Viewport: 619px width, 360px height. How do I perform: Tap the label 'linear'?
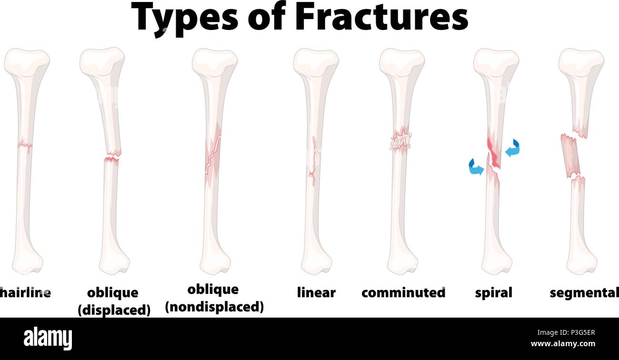click(x=316, y=292)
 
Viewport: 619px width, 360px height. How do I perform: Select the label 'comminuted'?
click(x=403, y=292)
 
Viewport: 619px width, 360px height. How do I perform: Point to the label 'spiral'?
click(x=494, y=292)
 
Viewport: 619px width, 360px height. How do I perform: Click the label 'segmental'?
click(x=584, y=292)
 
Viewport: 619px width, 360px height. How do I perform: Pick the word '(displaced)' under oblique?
click(x=114, y=310)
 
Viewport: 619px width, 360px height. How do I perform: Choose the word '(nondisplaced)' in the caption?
click(x=214, y=307)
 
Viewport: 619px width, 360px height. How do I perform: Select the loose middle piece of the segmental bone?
click(x=571, y=156)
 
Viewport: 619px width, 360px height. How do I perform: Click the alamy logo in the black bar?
click(x=48, y=339)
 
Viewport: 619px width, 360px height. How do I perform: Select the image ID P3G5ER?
click(x=579, y=333)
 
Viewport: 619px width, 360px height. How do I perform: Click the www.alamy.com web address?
click(x=563, y=344)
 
